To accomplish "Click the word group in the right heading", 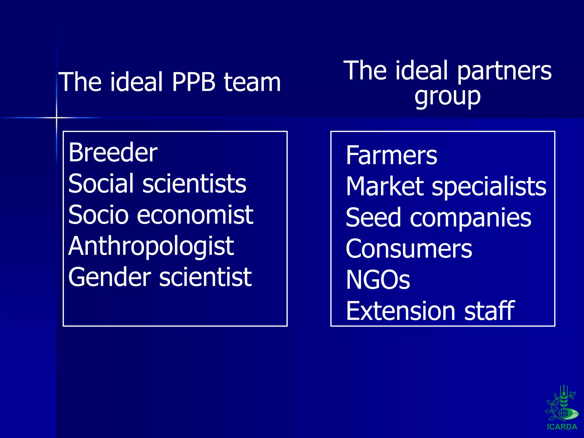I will click(x=447, y=96).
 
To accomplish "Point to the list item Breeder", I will click(x=113, y=153).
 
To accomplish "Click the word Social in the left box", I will click(x=101, y=183).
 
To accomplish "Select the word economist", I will click(x=195, y=215).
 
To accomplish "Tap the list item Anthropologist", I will click(x=151, y=246).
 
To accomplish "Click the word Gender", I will click(x=109, y=277).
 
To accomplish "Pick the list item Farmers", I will click(x=391, y=155).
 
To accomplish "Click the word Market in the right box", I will click(x=385, y=186).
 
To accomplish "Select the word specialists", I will click(x=489, y=187).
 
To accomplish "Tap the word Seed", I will click(x=373, y=218).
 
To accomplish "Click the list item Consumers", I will click(x=409, y=249).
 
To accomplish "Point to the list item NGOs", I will click(x=378, y=280).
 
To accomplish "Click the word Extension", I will click(x=400, y=311).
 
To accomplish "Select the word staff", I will click(x=489, y=311).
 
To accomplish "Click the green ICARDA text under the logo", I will click(x=562, y=427).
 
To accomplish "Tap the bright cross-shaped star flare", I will click(x=56, y=117).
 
